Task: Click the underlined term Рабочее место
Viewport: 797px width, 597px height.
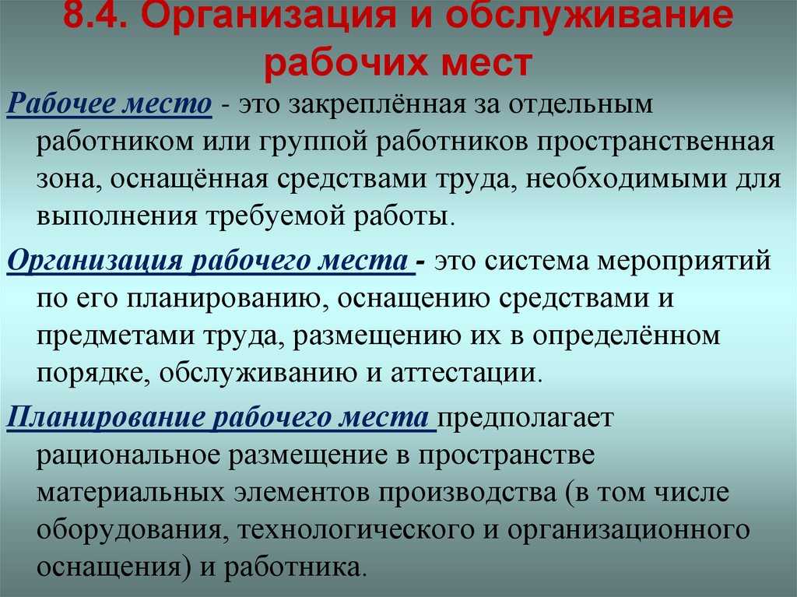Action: pyautogui.click(x=109, y=104)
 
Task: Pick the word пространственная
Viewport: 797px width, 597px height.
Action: pyautogui.click(x=655, y=142)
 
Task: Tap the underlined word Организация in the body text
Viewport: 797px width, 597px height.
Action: pyautogui.click(x=95, y=262)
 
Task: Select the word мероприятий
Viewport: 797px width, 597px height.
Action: pyautogui.click(x=684, y=262)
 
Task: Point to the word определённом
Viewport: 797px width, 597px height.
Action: pyautogui.click(x=627, y=336)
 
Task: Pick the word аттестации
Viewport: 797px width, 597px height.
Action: pyautogui.click(x=463, y=374)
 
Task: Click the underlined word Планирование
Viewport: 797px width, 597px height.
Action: pyautogui.click(x=105, y=418)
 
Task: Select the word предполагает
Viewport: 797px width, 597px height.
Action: pyautogui.click(x=525, y=419)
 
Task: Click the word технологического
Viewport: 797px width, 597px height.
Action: pyautogui.click(x=355, y=530)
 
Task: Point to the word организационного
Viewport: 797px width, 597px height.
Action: pyautogui.click(x=628, y=530)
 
